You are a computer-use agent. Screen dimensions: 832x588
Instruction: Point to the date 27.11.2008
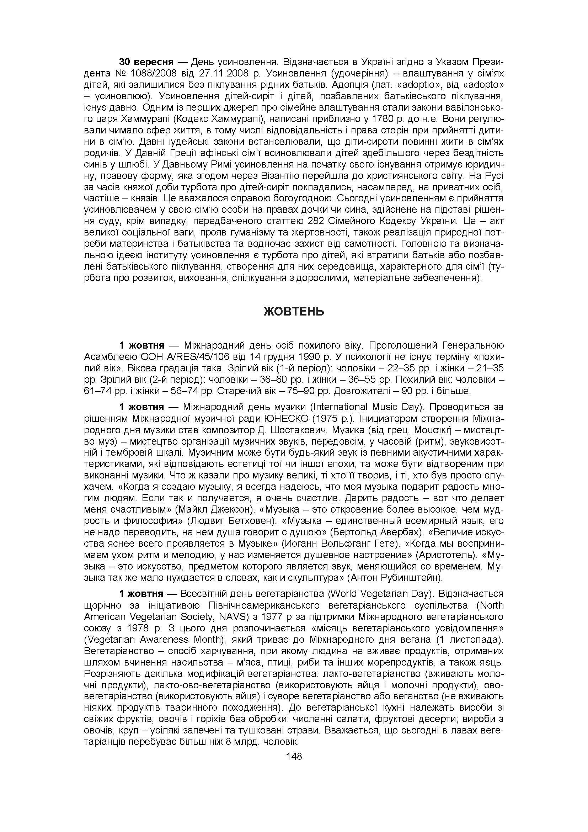(222, 73)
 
